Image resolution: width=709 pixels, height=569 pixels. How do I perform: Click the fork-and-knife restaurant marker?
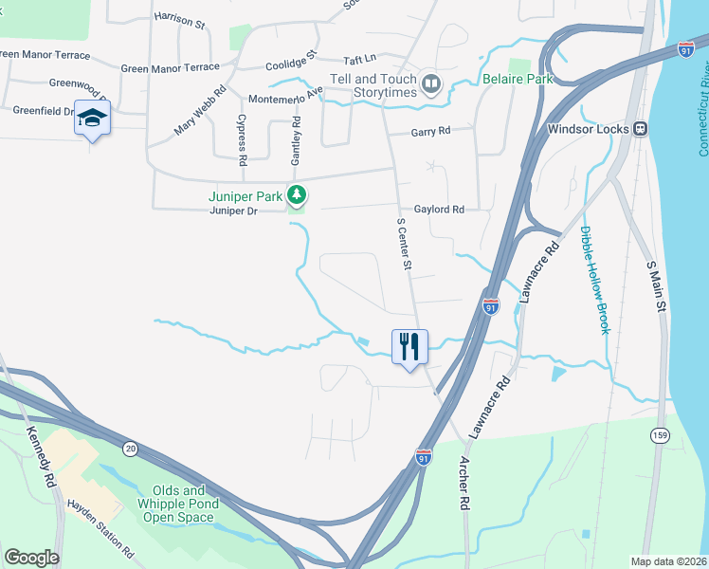(x=409, y=346)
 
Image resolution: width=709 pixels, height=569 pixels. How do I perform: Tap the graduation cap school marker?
(x=92, y=118)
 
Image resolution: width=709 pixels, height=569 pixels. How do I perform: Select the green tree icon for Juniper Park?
(x=298, y=195)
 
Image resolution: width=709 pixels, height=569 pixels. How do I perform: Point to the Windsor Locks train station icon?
(x=641, y=128)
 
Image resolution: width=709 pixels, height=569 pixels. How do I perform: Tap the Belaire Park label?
(x=517, y=80)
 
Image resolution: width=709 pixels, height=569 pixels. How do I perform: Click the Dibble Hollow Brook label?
(x=594, y=280)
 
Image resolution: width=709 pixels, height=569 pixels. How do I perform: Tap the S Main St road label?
(x=656, y=289)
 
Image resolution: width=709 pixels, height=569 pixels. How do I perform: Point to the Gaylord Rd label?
(x=439, y=210)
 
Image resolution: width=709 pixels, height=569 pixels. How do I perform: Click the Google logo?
(x=32, y=558)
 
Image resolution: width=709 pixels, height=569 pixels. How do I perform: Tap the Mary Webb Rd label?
(x=201, y=111)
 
